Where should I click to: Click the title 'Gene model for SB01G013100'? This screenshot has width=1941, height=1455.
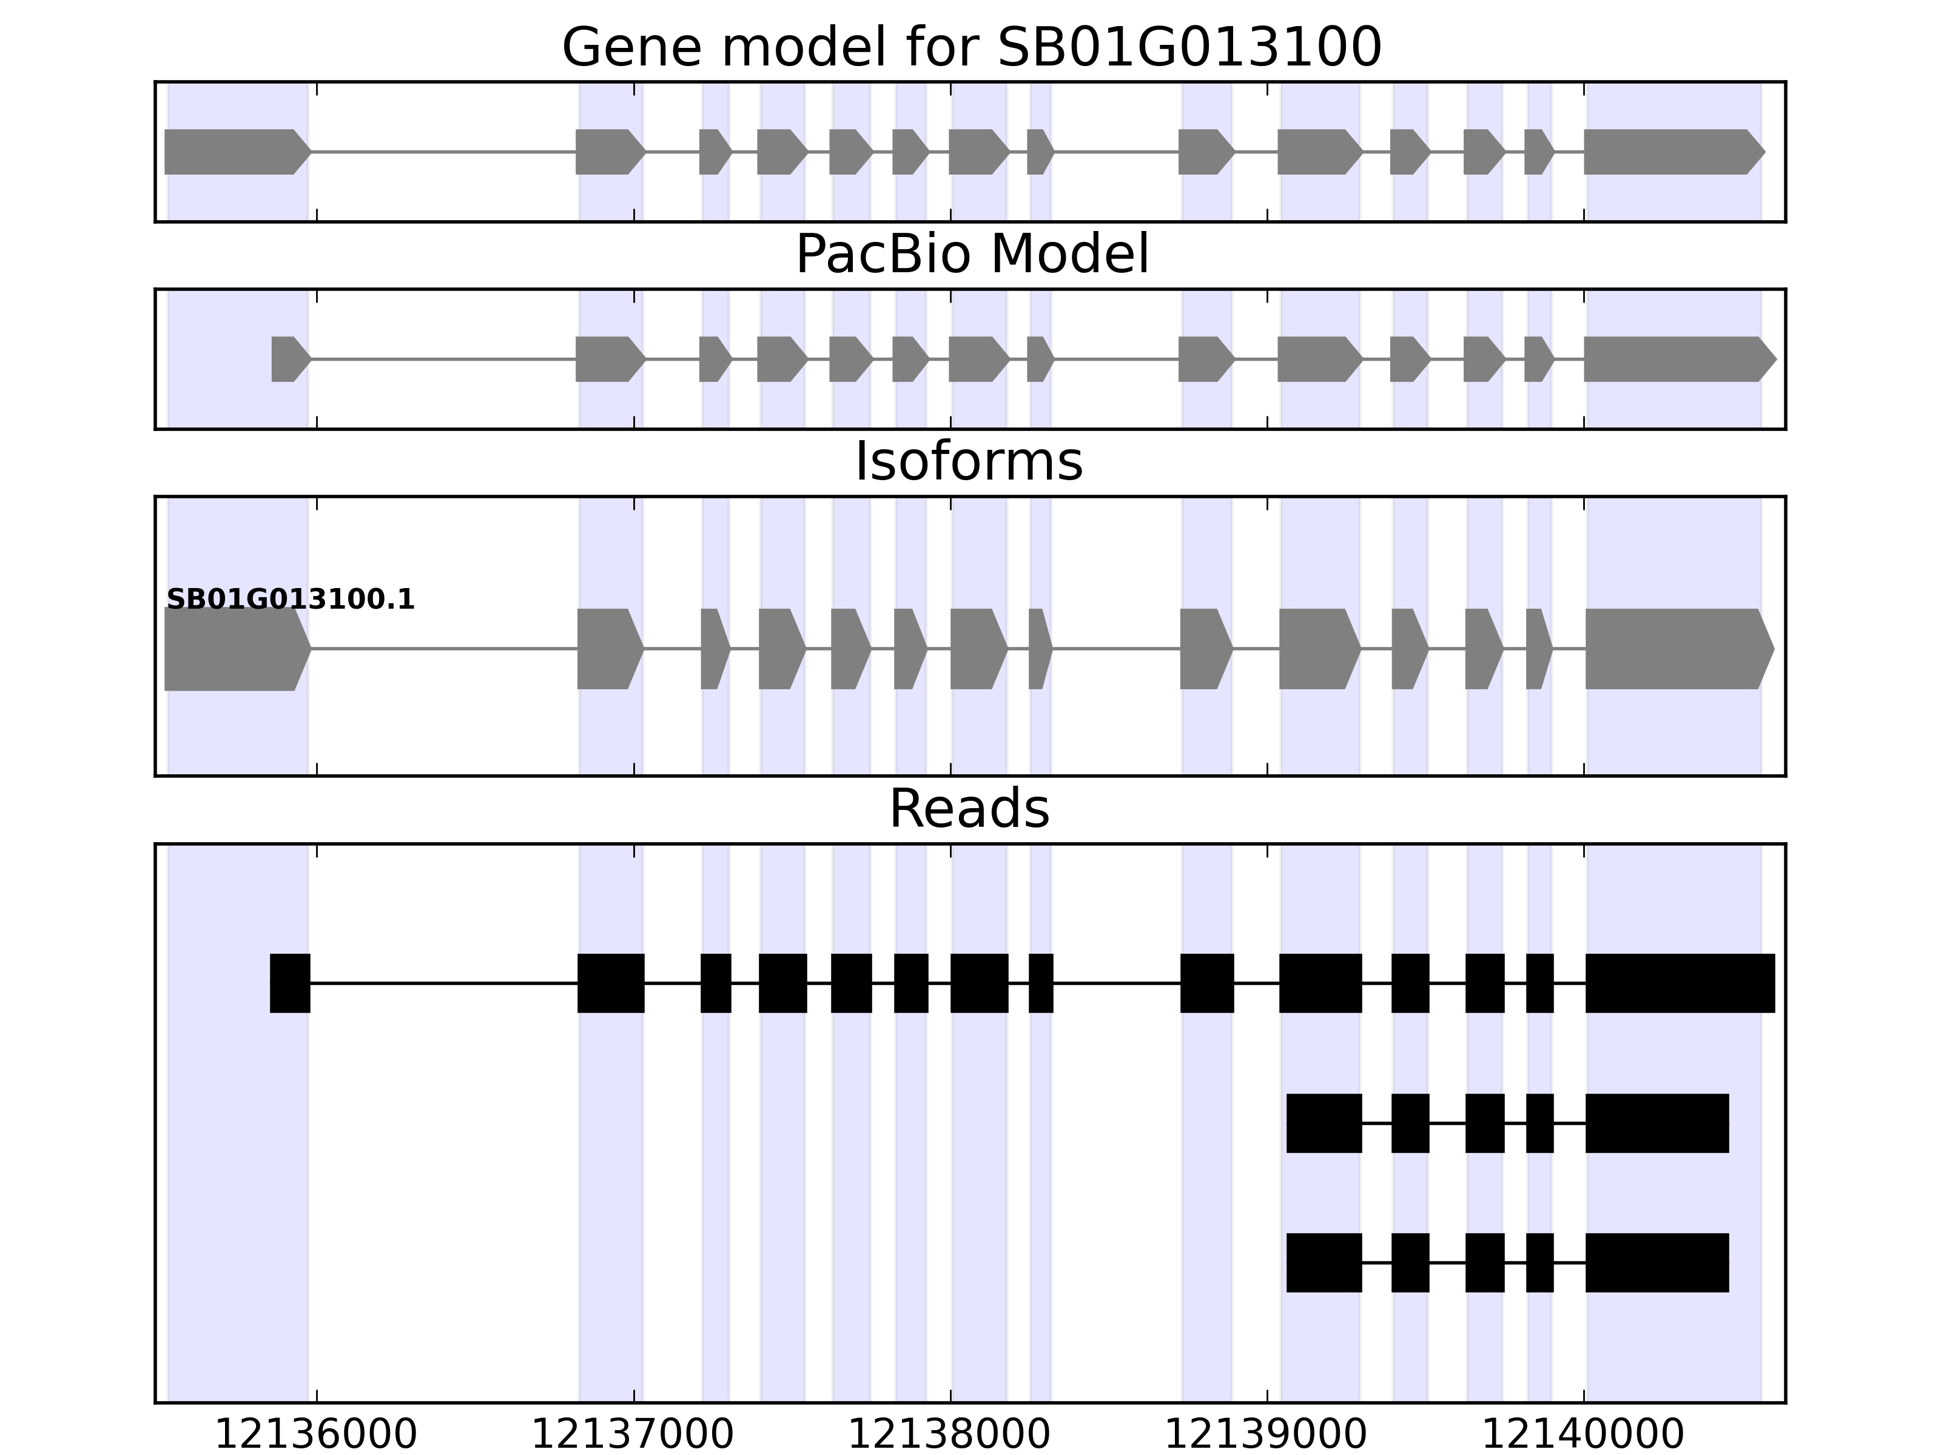(x=971, y=48)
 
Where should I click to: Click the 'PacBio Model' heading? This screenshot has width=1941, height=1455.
(x=971, y=255)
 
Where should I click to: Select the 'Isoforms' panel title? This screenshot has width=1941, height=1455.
(x=969, y=462)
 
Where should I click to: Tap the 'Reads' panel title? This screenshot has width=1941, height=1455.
(x=969, y=809)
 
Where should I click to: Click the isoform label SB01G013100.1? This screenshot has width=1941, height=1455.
(x=291, y=600)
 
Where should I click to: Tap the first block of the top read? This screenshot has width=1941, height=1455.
(x=289, y=982)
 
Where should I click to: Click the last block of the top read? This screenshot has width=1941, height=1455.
(x=1680, y=982)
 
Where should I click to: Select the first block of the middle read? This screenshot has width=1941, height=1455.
(x=1324, y=1123)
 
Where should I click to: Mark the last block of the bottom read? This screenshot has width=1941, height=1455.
(x=1657, y=1262)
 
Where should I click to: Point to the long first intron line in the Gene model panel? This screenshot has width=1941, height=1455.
(x=443, y=152)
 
